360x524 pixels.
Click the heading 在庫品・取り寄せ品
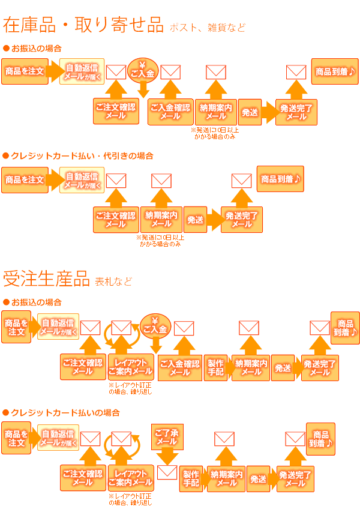pyautogui.click(x=83, y=25)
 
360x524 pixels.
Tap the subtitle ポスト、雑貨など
pyautogui.click(x=208, y=28)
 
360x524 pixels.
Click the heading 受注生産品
pyautogui.click(x=46, y=279)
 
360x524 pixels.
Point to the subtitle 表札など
pyautogui.click(x=113, y=282)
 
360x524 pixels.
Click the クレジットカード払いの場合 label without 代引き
pyautogui.click(x=65, y=413)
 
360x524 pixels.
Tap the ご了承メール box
pyautogui.click(x=166, y=437)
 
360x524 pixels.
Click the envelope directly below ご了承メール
pyautogui.click(x=167, y=472)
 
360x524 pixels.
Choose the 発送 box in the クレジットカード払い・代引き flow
pyautogui.click(x=195, y=220)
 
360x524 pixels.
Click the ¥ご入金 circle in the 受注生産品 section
pyautogui.click(x=155, y=324)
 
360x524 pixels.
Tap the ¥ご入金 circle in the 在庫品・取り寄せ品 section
pyautogui.click(x=143, y=70)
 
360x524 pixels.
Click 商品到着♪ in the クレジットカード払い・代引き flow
pyautogui.click(x=280, y=179)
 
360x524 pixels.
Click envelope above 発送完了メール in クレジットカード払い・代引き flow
pyautogui.click(x=241, y=180)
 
